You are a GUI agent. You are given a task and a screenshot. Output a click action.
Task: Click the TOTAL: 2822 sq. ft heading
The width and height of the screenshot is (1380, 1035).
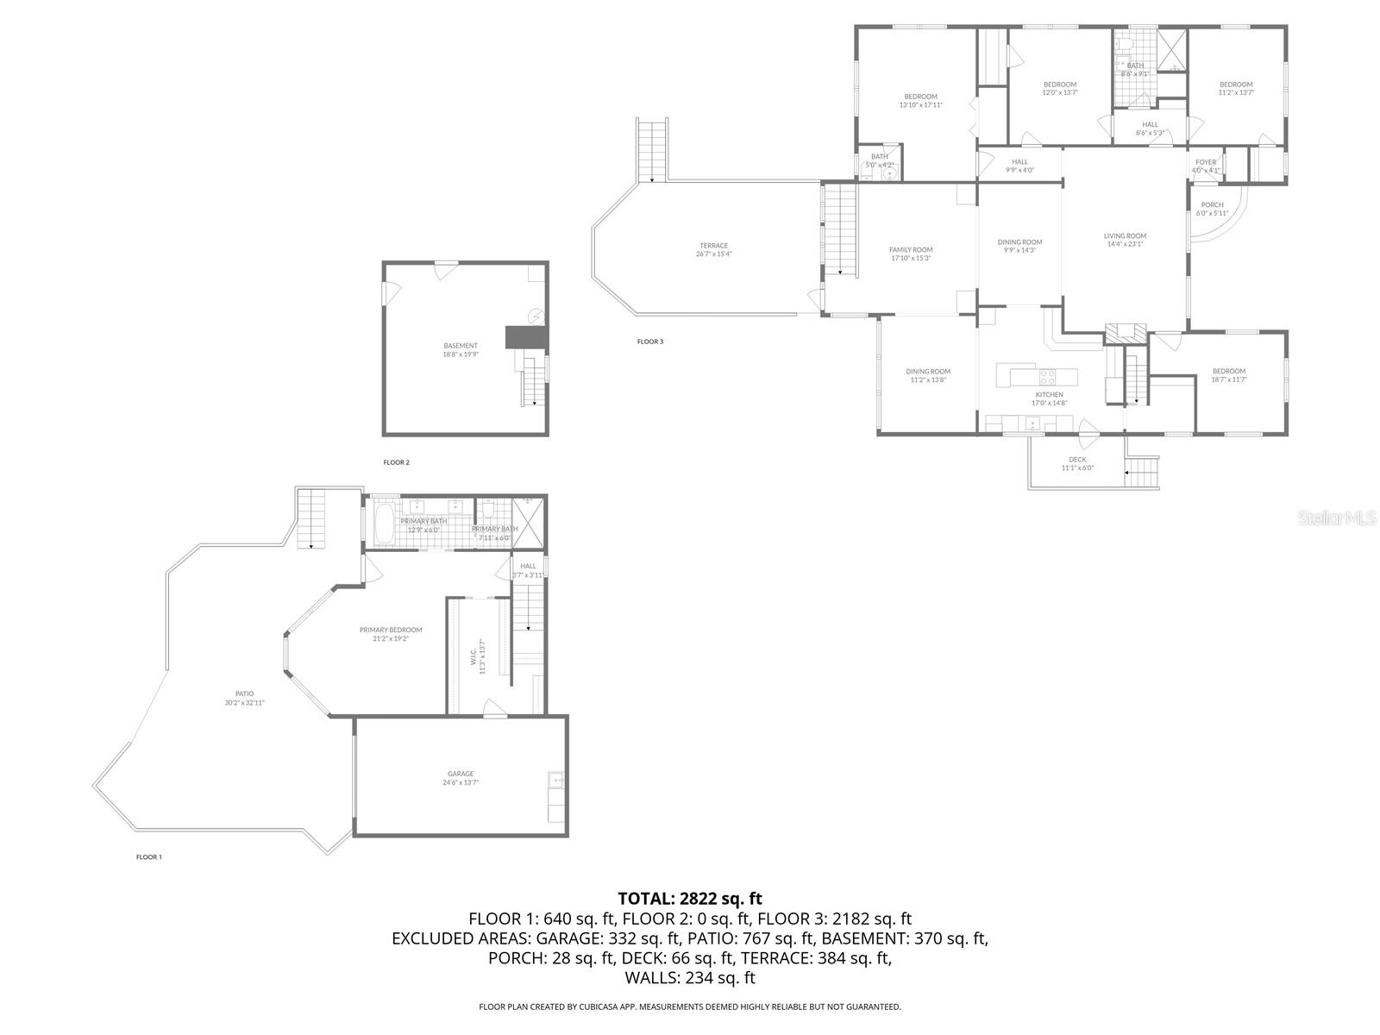[690, 900]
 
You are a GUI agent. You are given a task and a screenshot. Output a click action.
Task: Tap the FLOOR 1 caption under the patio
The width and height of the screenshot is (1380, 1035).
[149, 857]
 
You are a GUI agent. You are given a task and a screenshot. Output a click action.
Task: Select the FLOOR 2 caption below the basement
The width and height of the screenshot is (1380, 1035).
[397, 462]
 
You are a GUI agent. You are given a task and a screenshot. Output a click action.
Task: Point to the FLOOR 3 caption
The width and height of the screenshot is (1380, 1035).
[650, 342]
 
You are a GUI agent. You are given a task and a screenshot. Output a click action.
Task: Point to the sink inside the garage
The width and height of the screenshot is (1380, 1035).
[556, 781]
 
